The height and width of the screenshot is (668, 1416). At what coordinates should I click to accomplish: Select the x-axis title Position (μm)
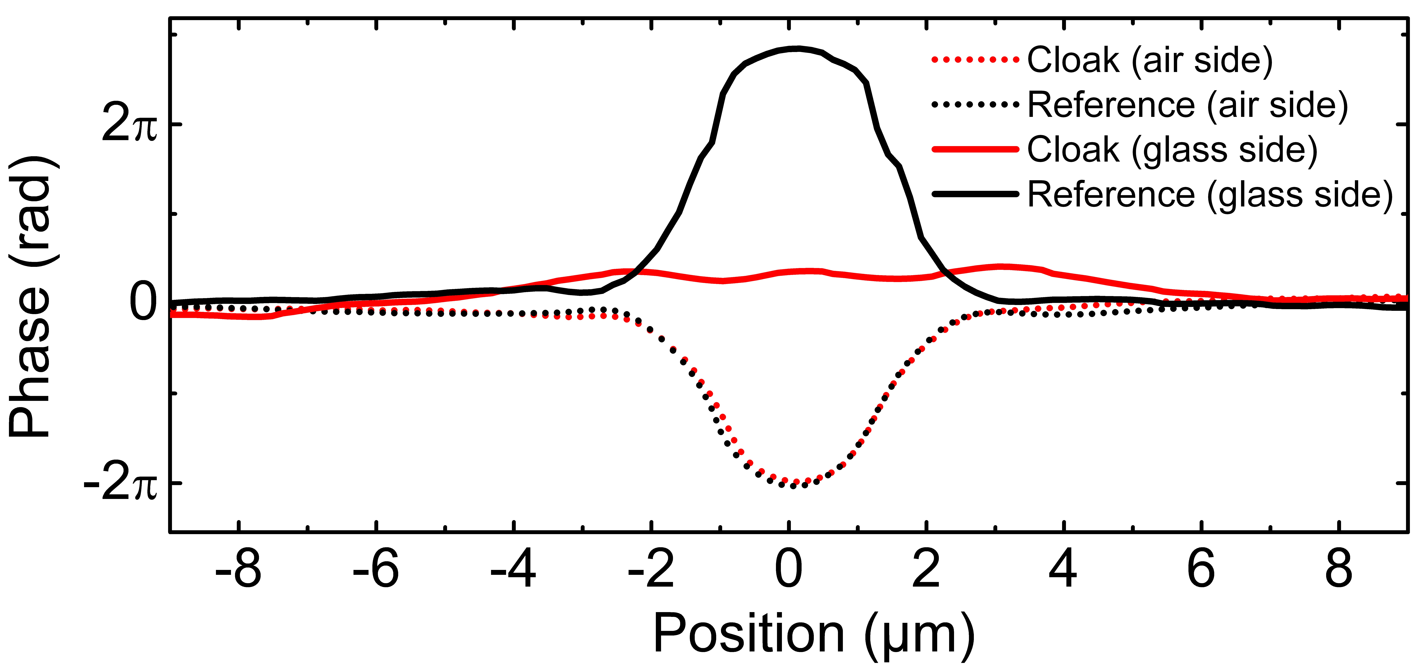[814, 635]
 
